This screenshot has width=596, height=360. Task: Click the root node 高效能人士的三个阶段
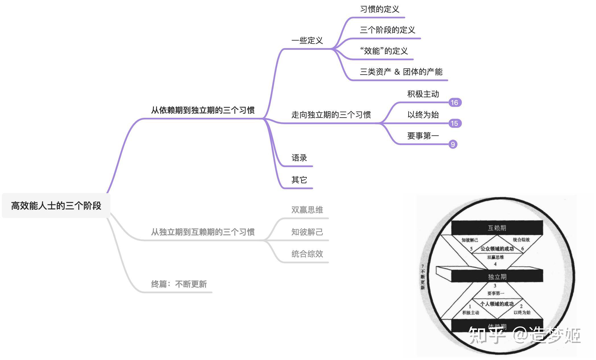click(56, 205)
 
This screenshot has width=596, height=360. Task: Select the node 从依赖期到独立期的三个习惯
click(203, 110)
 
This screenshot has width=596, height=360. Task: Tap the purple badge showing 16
click(454, 102)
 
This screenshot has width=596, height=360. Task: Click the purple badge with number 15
click(454, 124)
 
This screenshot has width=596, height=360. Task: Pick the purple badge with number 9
click(453, 144)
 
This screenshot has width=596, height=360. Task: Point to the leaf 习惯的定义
click(380, 9)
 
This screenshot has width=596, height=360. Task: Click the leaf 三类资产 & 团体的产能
click(401, 72)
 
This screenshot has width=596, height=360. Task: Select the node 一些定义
click(307, 40)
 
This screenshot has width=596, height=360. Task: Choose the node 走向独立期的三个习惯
click(331, 115)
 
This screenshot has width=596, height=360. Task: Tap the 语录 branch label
click(299, 158)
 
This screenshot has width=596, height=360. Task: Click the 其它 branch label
click(299, 180)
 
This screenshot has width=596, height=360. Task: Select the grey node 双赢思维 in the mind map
click(307, 210)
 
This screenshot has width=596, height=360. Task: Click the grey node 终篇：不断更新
click(179, 284)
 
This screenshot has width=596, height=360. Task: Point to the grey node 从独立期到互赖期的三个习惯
click(203, 232)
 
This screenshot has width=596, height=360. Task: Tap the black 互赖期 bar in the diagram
click(497, 228)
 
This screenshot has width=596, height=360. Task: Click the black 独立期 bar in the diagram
click(497, 276)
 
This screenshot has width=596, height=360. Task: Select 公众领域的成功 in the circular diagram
click(497, 249)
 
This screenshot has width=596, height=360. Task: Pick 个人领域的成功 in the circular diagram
click(497, 304)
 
